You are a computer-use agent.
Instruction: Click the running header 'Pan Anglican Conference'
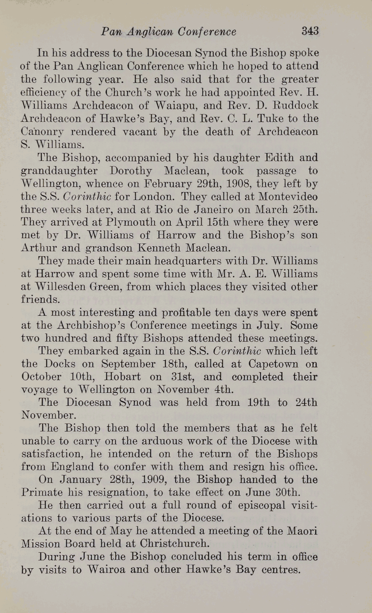tap(169, 32)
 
